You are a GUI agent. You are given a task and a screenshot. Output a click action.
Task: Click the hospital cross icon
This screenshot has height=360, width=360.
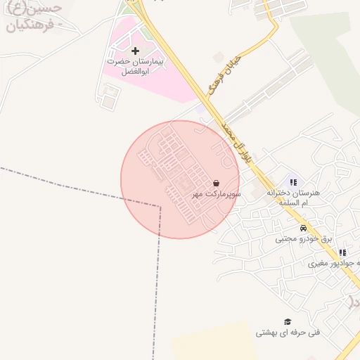pos(136,51)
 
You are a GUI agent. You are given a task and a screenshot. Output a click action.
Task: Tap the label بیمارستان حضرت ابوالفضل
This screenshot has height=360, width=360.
pos(136,66)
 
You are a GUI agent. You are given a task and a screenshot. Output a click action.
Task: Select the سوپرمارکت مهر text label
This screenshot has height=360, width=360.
pos(218,193)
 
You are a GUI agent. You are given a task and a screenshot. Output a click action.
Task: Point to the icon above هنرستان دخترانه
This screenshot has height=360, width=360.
pos(293,181)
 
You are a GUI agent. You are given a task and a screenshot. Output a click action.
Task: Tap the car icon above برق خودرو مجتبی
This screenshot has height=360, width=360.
pos(302,228)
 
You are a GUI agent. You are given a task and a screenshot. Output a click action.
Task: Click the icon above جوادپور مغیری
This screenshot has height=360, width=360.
pos(342,252)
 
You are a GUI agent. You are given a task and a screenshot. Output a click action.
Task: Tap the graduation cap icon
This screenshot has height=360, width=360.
pos(287,321)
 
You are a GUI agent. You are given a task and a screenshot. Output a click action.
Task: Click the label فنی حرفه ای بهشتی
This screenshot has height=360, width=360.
pos(287,332)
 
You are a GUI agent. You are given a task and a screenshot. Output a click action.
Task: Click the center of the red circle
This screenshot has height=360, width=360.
pos(180,179)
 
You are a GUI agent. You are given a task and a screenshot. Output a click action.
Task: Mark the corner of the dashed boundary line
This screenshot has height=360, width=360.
pos(160,207)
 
